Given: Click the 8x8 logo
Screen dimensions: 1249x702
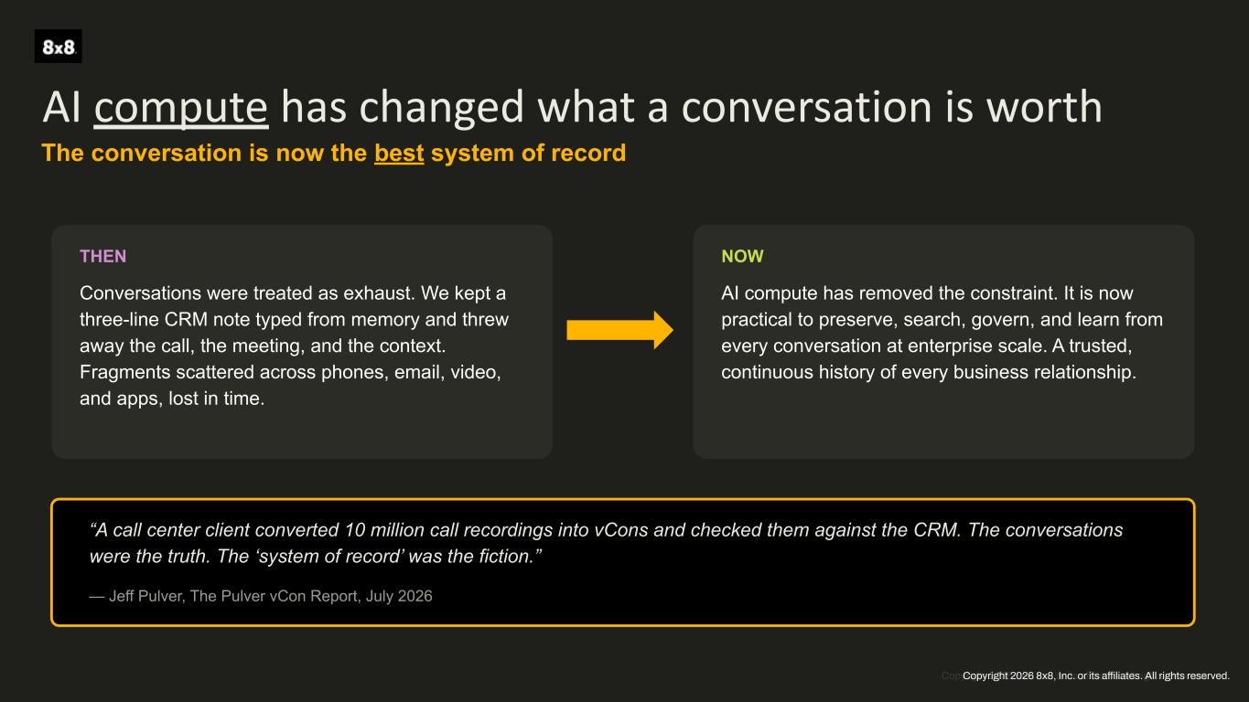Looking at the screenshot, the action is point(58,47).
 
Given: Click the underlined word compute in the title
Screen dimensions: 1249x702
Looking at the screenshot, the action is point(181,108).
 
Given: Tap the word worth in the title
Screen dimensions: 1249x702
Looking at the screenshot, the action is point(1044,106).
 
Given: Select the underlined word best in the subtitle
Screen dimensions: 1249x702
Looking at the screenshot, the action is point(399,154).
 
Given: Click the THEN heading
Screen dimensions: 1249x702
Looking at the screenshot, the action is point(103,256).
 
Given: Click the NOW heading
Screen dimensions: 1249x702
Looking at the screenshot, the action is point(742,256).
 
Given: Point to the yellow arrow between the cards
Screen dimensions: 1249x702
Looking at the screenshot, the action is point(619,330).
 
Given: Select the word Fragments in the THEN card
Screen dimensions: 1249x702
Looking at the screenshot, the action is point(124,372).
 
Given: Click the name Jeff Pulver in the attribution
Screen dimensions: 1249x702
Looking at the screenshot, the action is point(146,596).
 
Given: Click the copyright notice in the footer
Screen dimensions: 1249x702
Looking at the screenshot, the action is point(1095,675).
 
